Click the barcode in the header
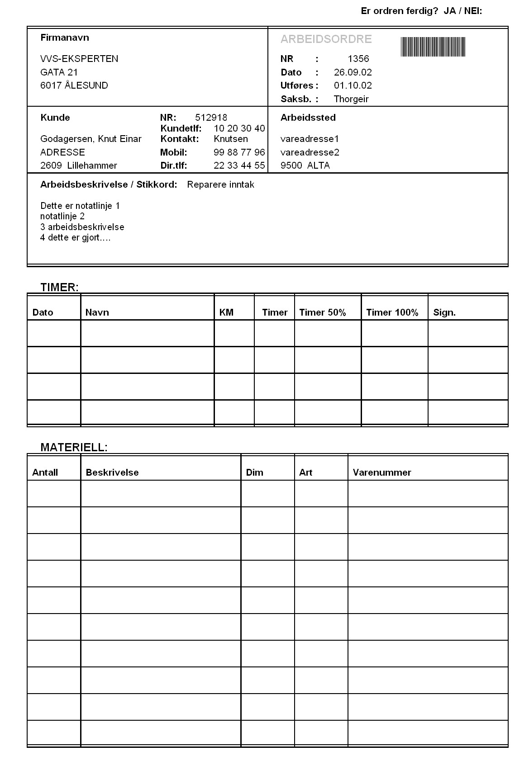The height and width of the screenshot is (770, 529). (433, 47)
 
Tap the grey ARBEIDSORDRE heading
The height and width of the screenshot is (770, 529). (326, 39)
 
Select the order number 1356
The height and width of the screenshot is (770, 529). (358, 59)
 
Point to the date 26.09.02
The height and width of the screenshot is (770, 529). (353, 72)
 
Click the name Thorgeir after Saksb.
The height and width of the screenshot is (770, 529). (351, 99)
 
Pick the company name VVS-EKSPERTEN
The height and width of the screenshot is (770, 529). (79, 59)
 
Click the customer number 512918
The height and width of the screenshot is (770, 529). (211, 118)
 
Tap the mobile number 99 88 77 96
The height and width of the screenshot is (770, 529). (239, 152)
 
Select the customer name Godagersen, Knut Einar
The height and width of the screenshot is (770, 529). (91, 139)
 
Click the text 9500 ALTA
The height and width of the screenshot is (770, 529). (305, 165)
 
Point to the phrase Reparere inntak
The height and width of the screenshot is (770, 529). (220, 184)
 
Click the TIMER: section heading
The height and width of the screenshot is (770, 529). (59, 287)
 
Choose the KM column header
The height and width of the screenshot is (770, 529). (226, 312)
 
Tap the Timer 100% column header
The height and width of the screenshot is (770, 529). (392, 312)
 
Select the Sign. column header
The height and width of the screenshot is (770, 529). (444, 312)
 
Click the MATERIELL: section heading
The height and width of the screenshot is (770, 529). (74, 447)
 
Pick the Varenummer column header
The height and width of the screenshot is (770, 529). (382, 472)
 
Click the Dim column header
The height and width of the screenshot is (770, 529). (254, 472)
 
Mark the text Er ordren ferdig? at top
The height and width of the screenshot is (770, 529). (399, 11)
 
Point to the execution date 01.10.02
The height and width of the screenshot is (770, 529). (353, 85)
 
